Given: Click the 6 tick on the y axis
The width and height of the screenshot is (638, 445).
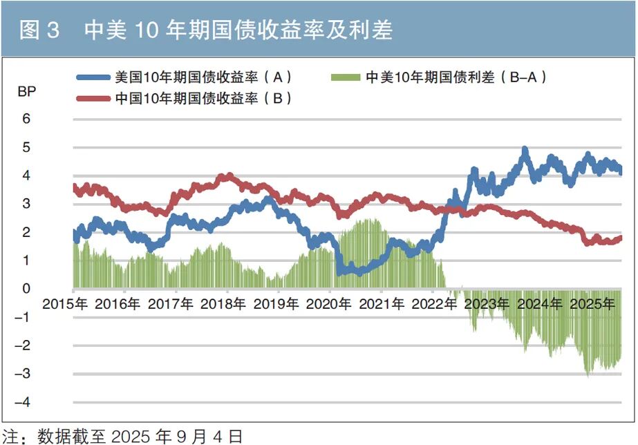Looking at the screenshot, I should pyautogui.click(x=27, y=119).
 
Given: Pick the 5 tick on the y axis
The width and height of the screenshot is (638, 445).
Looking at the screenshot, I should pyautogui.click(x=27, y=147).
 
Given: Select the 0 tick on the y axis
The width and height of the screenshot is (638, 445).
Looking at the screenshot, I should pyautogui.click(x=27, y=289).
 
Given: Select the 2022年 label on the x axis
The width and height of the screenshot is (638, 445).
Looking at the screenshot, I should pyautogui.click(x=433, y=304).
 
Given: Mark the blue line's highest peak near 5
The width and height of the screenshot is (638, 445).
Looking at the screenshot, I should pyautogui.click(x=525, y=149).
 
